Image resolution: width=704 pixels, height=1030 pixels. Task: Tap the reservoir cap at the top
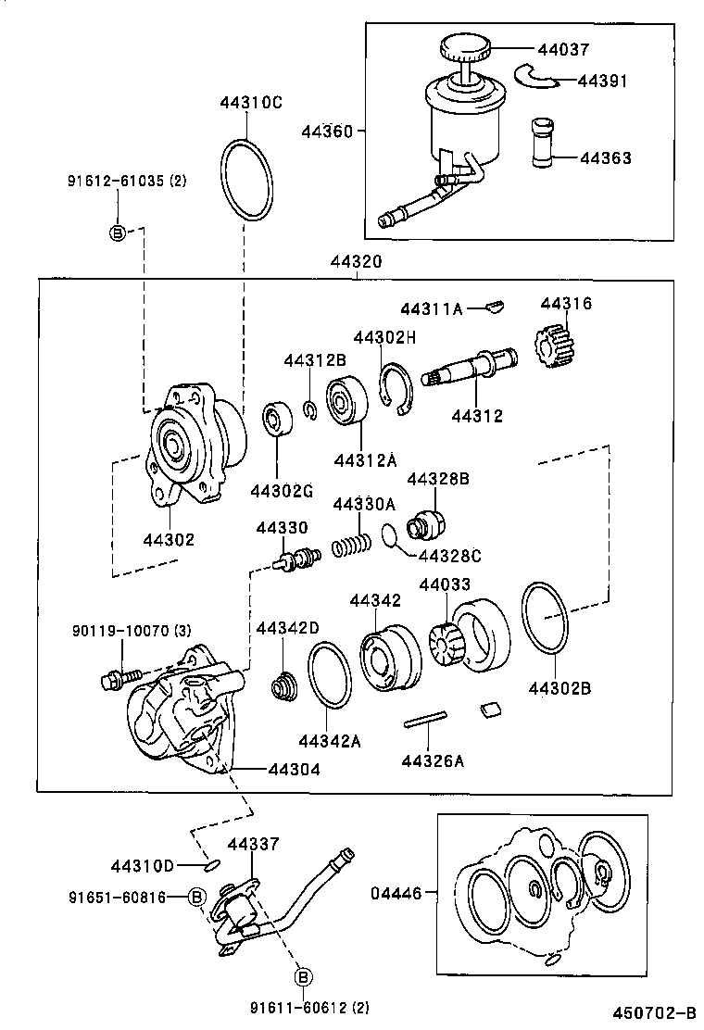coord(465,46)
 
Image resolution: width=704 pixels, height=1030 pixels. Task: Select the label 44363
coord(606,158)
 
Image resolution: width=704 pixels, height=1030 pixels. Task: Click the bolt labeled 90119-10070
coord(119,680)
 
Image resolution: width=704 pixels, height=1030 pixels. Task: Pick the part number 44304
coord(295,768)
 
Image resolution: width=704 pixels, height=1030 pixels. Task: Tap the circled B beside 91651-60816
coord(196,896)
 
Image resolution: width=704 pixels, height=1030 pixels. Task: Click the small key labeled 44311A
coord(496,305)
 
